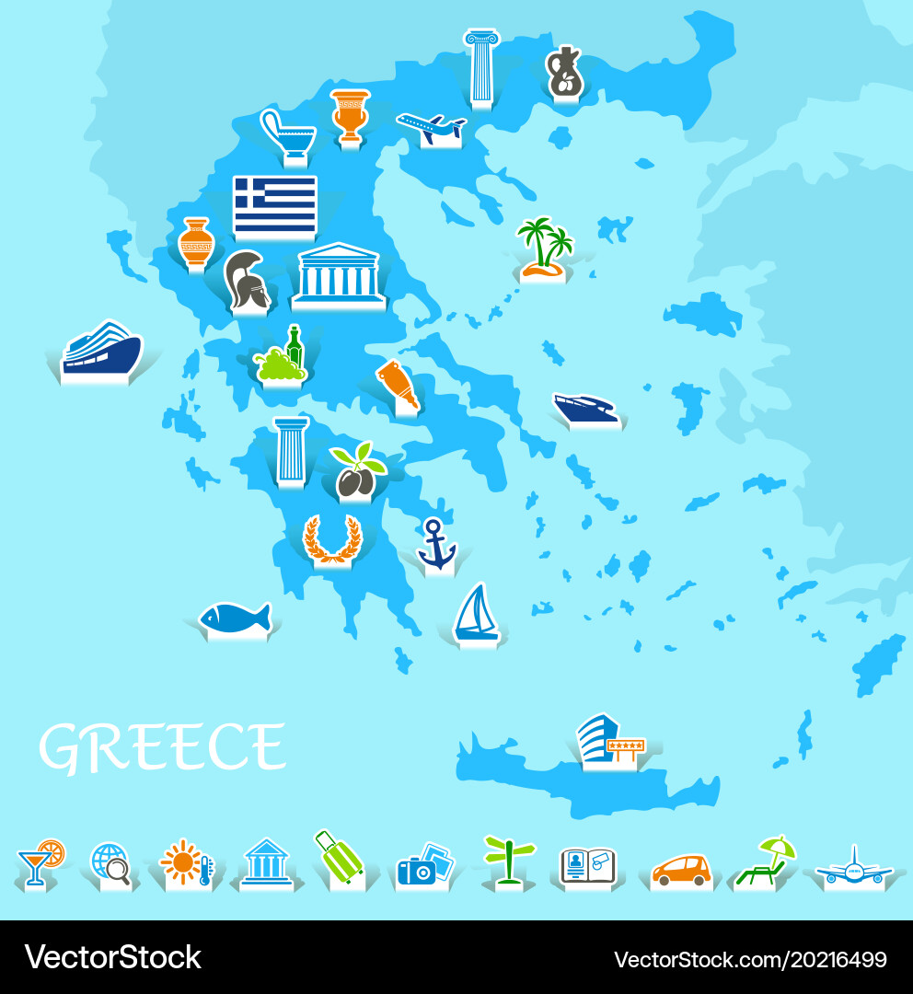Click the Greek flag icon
[274, 204]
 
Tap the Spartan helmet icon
[247, 280]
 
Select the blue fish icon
[236, 618]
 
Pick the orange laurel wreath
[332, 538]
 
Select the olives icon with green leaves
[357, 470]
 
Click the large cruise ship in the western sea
[102, 350]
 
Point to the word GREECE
[162, 746]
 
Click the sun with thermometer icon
[186, 862]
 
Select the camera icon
[423, 864]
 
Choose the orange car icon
[681, 869]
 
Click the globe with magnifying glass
[110, 863]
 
